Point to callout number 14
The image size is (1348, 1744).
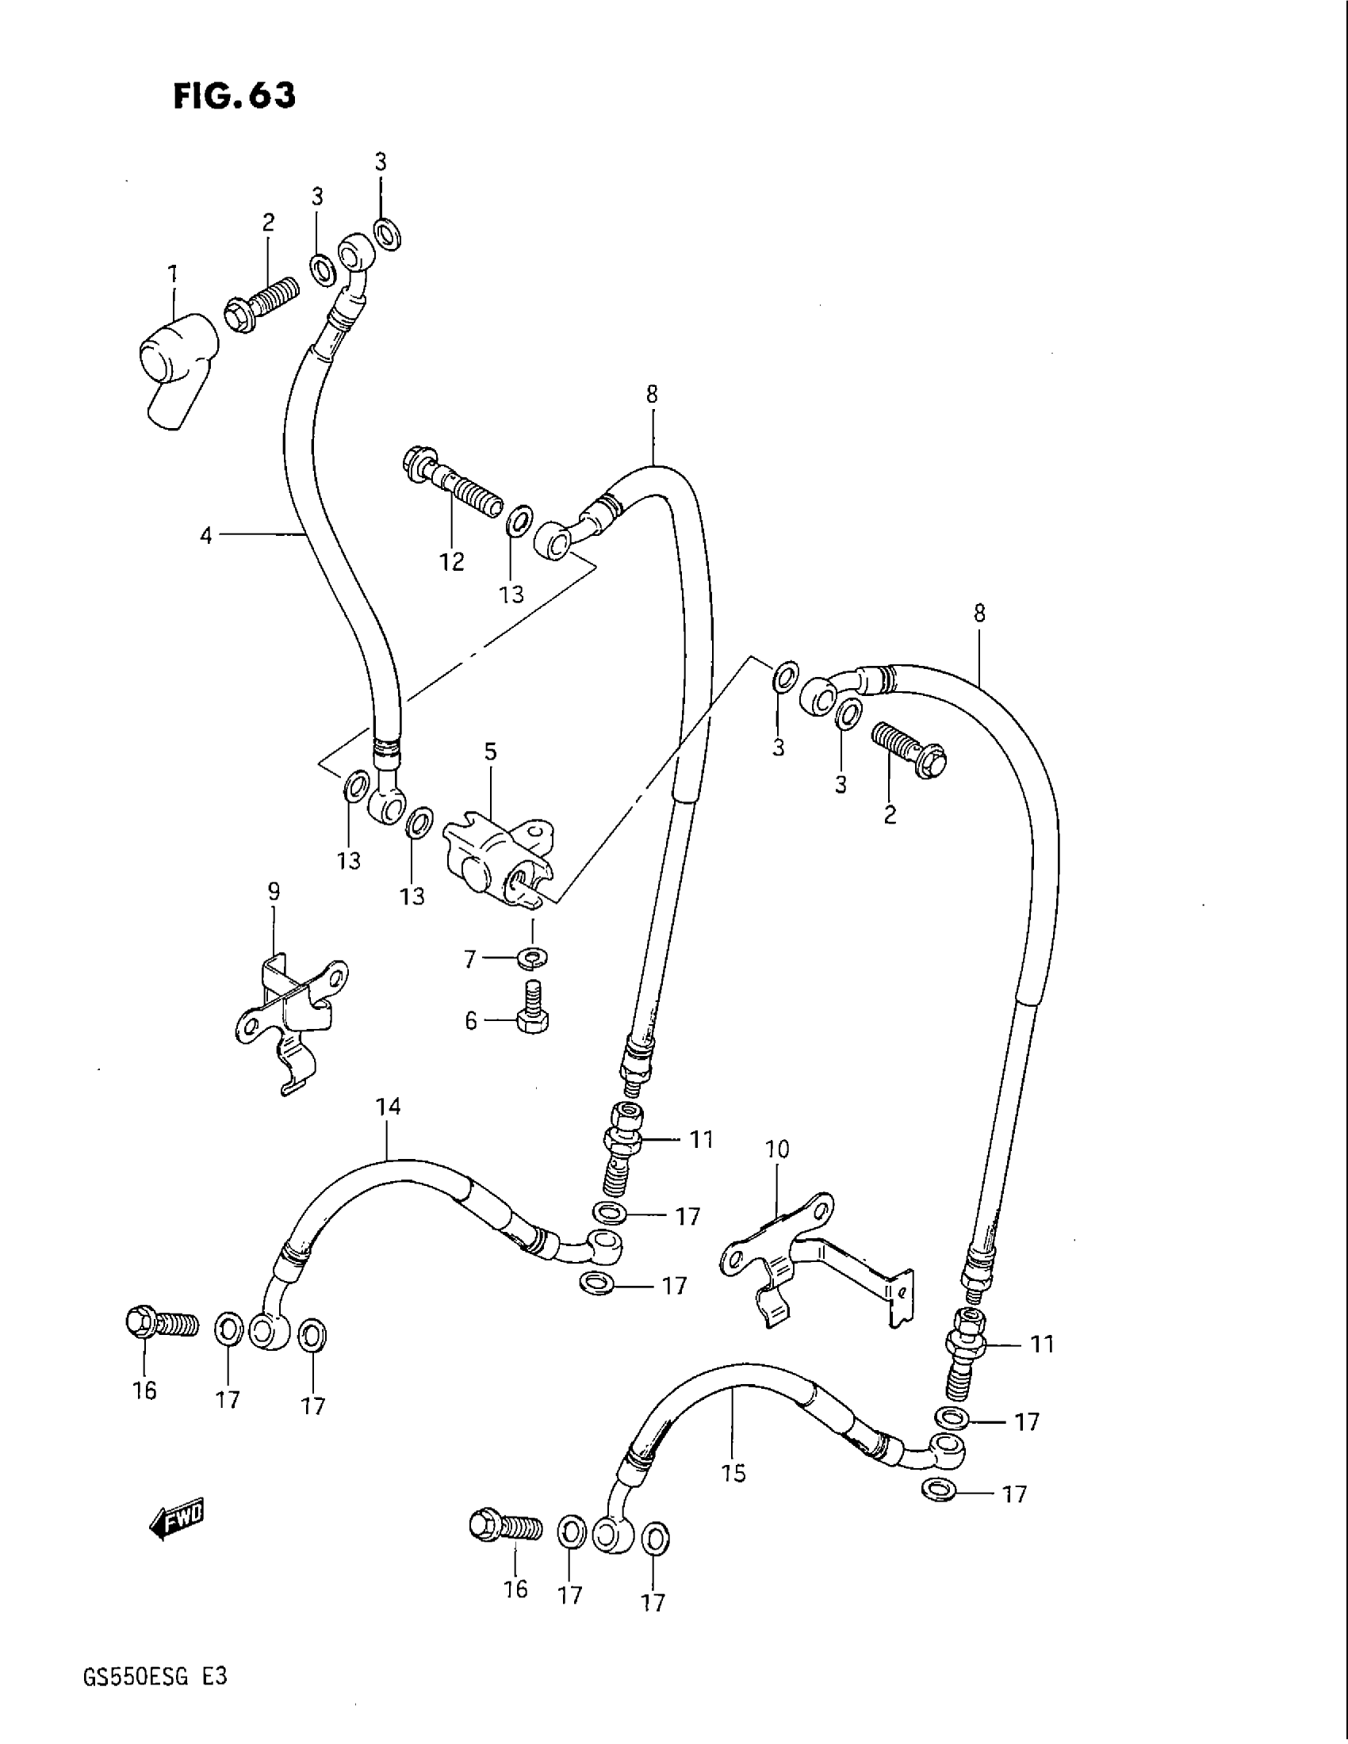tap(389, 1107)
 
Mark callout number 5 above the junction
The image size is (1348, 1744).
tap(490, 752)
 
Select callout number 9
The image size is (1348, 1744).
tap(274, 892)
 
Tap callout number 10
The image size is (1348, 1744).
tap(776, 1150)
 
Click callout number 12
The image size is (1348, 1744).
tap(452, 562)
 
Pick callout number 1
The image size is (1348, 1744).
tap(173, 275)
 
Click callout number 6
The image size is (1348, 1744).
tap(471, 1020)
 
